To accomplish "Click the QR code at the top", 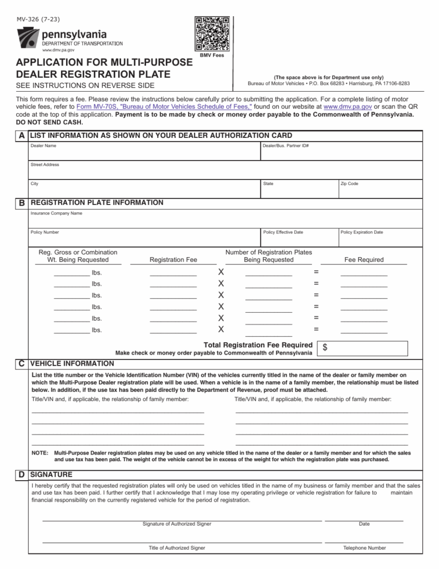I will [x=211, y=34].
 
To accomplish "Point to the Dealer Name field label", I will [x=43, y=146].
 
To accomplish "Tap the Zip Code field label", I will [x=350, y=183].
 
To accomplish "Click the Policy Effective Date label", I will [x=283, y=232].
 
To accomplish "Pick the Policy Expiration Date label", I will [x=362, y=232].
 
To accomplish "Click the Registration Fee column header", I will [x=173, y=259].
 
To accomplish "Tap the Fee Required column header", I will [x=364, y=259].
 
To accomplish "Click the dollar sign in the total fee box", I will [x=325, y=347].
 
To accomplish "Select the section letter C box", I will [x=21, y=363].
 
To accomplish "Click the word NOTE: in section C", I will [x=39, y=453].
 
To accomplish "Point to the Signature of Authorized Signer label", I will [x=176, y=524].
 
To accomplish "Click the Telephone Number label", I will [x=364, y=548].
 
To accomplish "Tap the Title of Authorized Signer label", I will [x=176, y=548].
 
